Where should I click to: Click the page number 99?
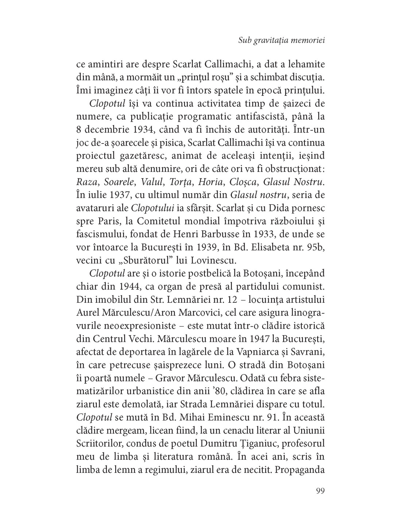[320, 490]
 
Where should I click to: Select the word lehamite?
[304, 64]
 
